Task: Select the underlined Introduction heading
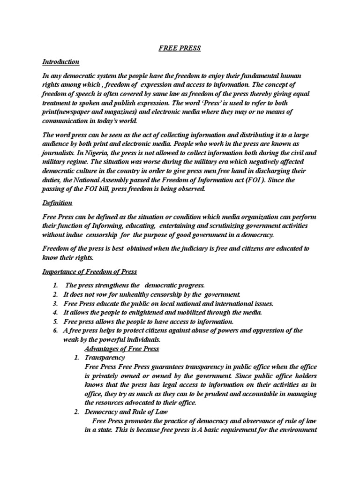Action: pos(61,62)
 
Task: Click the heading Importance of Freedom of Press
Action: pos(96,272)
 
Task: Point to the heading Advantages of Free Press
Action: pos(122,349)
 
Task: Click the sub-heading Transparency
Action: pos(105,358)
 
